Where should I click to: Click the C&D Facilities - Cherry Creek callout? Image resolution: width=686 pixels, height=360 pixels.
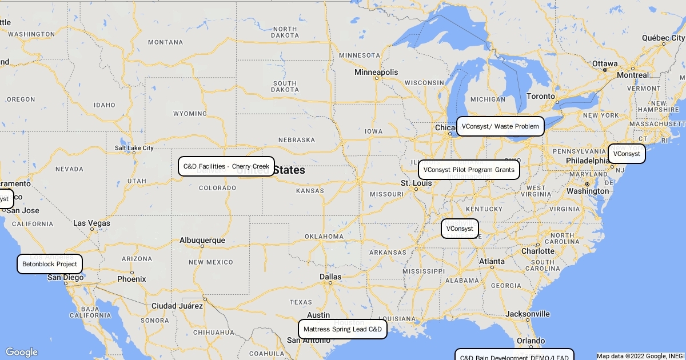click(x=226, y=166)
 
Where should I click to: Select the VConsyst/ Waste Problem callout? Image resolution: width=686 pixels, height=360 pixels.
click(x=500, y=126)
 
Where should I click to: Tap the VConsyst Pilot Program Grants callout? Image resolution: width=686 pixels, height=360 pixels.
click(x=469, y=170)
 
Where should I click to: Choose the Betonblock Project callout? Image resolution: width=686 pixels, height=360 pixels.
click(x=50, y=264)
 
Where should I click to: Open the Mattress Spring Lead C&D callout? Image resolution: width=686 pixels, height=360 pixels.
click(x=342, y=329)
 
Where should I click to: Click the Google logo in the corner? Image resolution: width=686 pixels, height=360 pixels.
click(x=22, y=352)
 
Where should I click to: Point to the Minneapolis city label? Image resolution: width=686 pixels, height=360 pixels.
click(x=376, y=73)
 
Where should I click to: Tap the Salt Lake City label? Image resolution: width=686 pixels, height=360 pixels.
click(x=134, y=148)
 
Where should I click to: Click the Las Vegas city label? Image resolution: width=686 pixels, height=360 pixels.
click(x=91, y=223)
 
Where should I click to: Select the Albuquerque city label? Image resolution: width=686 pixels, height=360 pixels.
click(x=202, y=241)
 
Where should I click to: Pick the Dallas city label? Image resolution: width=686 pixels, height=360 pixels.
click(x=330, y=277)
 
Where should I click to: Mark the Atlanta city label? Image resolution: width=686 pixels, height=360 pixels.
click(x=491, y=262)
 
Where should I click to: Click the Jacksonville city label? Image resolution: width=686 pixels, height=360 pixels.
click(x=527, y=314)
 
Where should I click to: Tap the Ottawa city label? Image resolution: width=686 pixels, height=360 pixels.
click(x=604, y=63)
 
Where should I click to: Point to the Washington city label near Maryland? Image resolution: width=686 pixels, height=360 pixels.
click(x=588, y=191)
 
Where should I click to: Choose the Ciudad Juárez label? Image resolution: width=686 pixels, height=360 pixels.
click(x=177, y=306)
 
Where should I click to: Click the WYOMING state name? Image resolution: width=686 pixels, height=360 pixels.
click(x=190, y=113)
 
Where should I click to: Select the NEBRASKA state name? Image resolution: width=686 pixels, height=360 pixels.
click(x=296, y=140)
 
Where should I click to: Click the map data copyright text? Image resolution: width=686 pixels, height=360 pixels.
click(x=640, y=356)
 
